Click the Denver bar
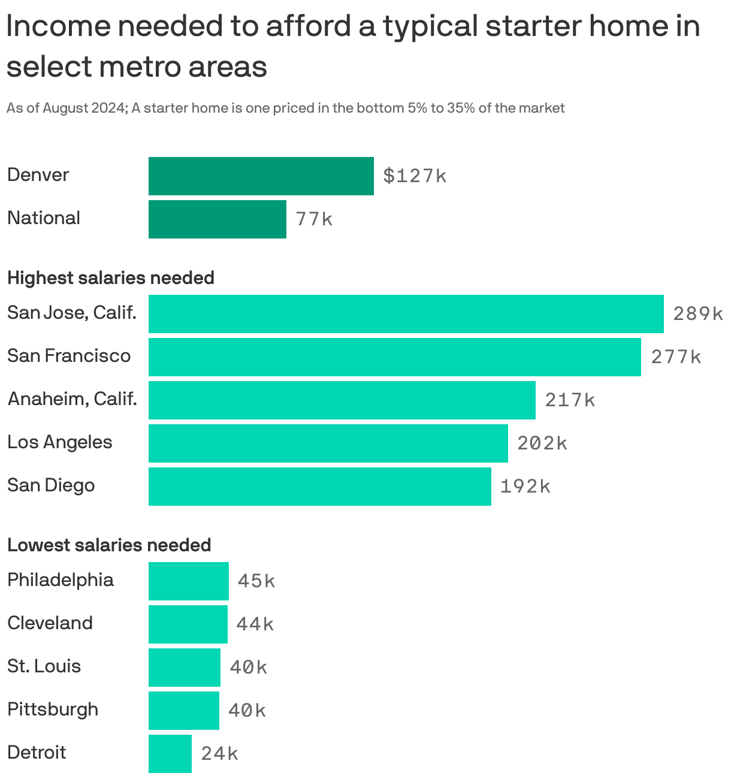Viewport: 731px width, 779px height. (261, 176)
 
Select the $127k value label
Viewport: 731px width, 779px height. (415, 176)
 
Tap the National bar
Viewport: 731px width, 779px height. (217, 219)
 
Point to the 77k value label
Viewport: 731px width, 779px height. (313, 219)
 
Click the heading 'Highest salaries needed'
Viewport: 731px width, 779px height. (111, 278)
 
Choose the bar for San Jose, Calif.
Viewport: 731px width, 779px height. (406, 314)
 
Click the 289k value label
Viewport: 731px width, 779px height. (698, 314)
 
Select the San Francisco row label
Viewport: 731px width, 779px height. (69, 356)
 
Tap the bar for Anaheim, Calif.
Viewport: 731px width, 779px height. (342, 400)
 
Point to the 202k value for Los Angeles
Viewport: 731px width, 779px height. (542, 443)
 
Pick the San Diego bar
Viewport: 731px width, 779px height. (319, 487)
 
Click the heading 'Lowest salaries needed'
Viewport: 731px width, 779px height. (109, 545)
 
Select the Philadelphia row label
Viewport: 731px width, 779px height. (61, 580)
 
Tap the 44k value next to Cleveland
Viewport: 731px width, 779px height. (255, 624)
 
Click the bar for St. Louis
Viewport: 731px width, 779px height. (184, 668)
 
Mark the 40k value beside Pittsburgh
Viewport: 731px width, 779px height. (247, 711)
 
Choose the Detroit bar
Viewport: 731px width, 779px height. (170, 754)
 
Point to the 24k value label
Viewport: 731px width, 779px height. (219, 754)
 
